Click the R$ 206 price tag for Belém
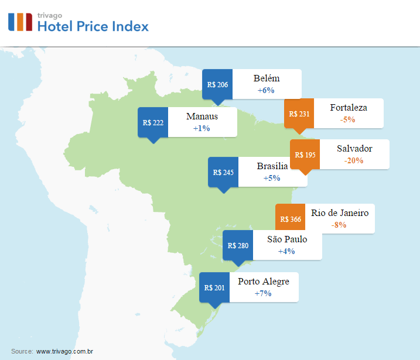(x=217, y=84)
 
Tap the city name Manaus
(x=202, y=116)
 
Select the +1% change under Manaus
(x=202, y=128)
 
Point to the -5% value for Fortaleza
(x=347, y=119)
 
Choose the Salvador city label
(x=354, y=149)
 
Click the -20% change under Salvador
(x=354, y=160)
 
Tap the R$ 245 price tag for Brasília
(x=223, y=172)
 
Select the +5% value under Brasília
(x=272, y=178)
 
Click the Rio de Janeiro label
(x=340, y=213)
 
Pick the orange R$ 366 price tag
(x=291, y=220)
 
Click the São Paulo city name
(x=287, y=239)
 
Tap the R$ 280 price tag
(x=238, y=245)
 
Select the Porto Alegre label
(x=264, y=282)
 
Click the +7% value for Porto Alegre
(x=263, y=293)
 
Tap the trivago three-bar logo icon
(x=20, y=21)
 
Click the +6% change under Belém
(x=266, y=90)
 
